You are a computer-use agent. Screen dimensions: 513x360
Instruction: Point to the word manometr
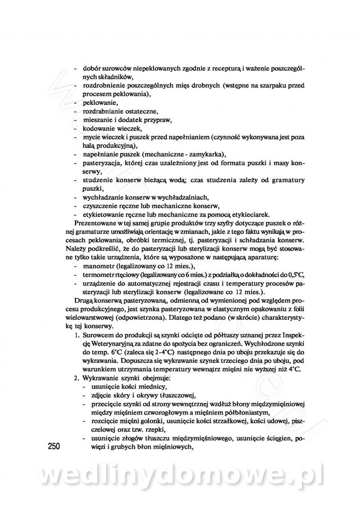point(99,267)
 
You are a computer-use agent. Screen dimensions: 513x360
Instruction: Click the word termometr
point(99,276)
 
